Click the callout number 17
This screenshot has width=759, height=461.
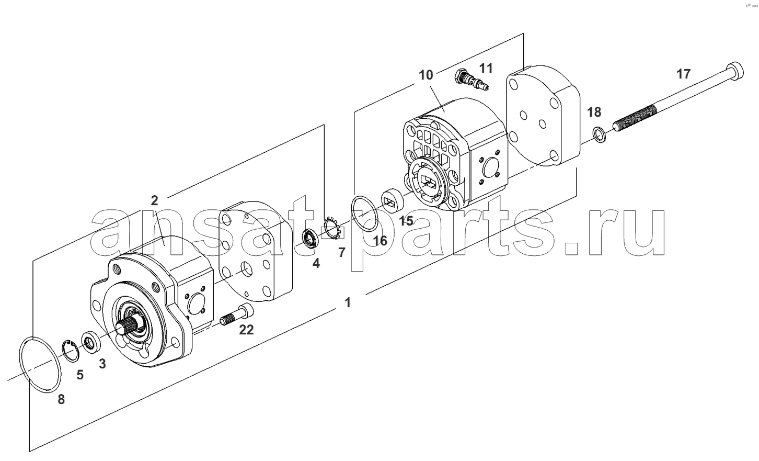[x=683, y=74]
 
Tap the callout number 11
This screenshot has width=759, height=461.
[x=486, y=68]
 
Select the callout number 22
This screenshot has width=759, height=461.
[x=246, y=330]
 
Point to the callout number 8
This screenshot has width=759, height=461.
[x=61, y=400]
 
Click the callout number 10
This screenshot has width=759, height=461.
[x=426, y=75]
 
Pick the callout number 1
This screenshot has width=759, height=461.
[x=348, y=302]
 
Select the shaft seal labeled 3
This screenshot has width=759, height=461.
[x=91, y=343]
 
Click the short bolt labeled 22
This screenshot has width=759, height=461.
[x=237, y=315]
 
